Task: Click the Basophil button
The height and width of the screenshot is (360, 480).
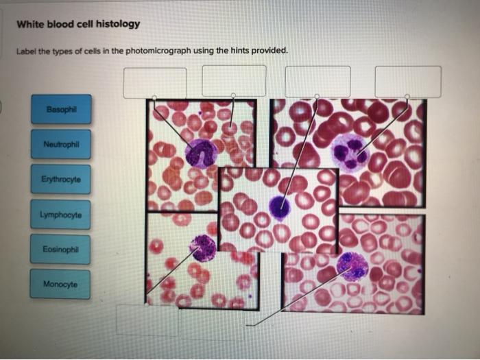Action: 60,109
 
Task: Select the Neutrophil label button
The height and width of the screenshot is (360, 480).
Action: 60,144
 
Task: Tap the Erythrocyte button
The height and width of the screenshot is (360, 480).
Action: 60,179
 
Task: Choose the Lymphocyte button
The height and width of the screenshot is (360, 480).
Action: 60,215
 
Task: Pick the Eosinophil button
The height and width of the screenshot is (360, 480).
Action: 60,250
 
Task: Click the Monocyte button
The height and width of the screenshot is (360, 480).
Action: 60,284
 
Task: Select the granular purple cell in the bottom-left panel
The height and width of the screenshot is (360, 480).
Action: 203,248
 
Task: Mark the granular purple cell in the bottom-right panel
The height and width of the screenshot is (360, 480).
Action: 353,265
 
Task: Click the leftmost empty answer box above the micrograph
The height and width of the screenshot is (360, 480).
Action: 155,82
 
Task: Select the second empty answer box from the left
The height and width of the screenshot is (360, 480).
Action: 234,81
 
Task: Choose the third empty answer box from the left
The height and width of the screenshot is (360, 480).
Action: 317,81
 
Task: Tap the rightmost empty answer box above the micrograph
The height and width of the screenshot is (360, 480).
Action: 408,81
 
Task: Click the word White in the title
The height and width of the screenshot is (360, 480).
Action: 30,24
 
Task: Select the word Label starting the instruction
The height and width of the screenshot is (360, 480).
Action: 26,51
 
